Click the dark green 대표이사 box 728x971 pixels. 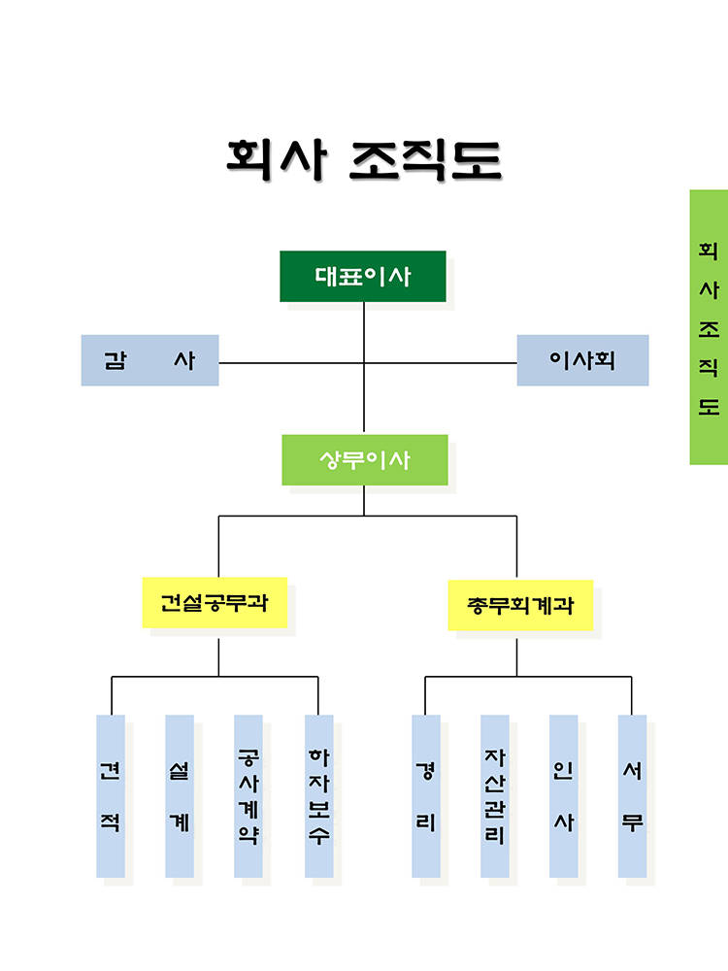click(363, 276)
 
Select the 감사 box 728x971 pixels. click(149, 360)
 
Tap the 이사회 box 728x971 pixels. click(582, 360)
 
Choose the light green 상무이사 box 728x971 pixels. click(365, 460)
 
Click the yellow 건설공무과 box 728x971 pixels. click(215, 603)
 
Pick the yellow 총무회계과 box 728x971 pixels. click(520, 606)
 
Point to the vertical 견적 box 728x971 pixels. click(111, 796)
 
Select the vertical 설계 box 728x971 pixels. click(180, 796)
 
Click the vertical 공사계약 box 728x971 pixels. click(248, 796)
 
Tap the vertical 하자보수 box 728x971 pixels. click(319, 796)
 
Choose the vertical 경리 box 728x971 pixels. click(426, 796)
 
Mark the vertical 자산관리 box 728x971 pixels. click(495, 796)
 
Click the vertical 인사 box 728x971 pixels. click(564, 796)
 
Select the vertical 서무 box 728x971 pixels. click(633, 796)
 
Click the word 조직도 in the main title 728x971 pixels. click(425, 160)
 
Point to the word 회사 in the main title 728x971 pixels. click(276, 159)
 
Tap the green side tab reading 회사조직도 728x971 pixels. click(709, 327)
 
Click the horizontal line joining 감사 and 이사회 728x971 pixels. click(368, 363)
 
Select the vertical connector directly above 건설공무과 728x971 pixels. click(218, 546)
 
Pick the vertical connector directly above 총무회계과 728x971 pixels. click(517, 548)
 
